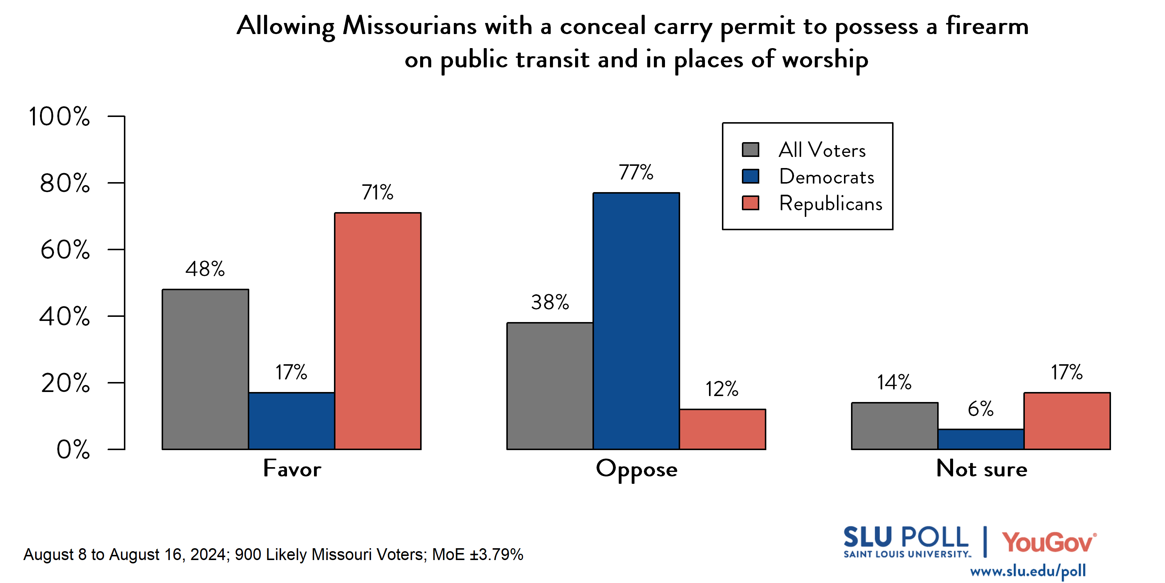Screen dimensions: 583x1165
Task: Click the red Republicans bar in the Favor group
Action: pos(378,331)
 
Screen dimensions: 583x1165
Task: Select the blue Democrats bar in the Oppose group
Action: pos(636,321)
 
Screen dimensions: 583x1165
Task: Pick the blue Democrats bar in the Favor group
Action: pos(291,421)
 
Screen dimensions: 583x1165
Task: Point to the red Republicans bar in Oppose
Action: pos(722,429)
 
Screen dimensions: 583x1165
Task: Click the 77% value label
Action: pos(636,172)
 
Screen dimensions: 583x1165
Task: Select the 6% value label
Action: pos(980,409)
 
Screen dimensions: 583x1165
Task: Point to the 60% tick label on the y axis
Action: pos(65,250)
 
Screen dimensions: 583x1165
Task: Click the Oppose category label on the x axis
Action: pos(636,469)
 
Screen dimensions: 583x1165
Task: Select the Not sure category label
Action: pos(982,469)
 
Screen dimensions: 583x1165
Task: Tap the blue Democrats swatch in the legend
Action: pos(750,176)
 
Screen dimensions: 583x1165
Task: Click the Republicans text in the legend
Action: pos(830,204)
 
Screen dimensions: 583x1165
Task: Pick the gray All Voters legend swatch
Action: pos(750,150)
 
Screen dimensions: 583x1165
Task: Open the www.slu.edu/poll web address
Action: pos(1027,571)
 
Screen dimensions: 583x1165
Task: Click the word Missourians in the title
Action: pos(409,26)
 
